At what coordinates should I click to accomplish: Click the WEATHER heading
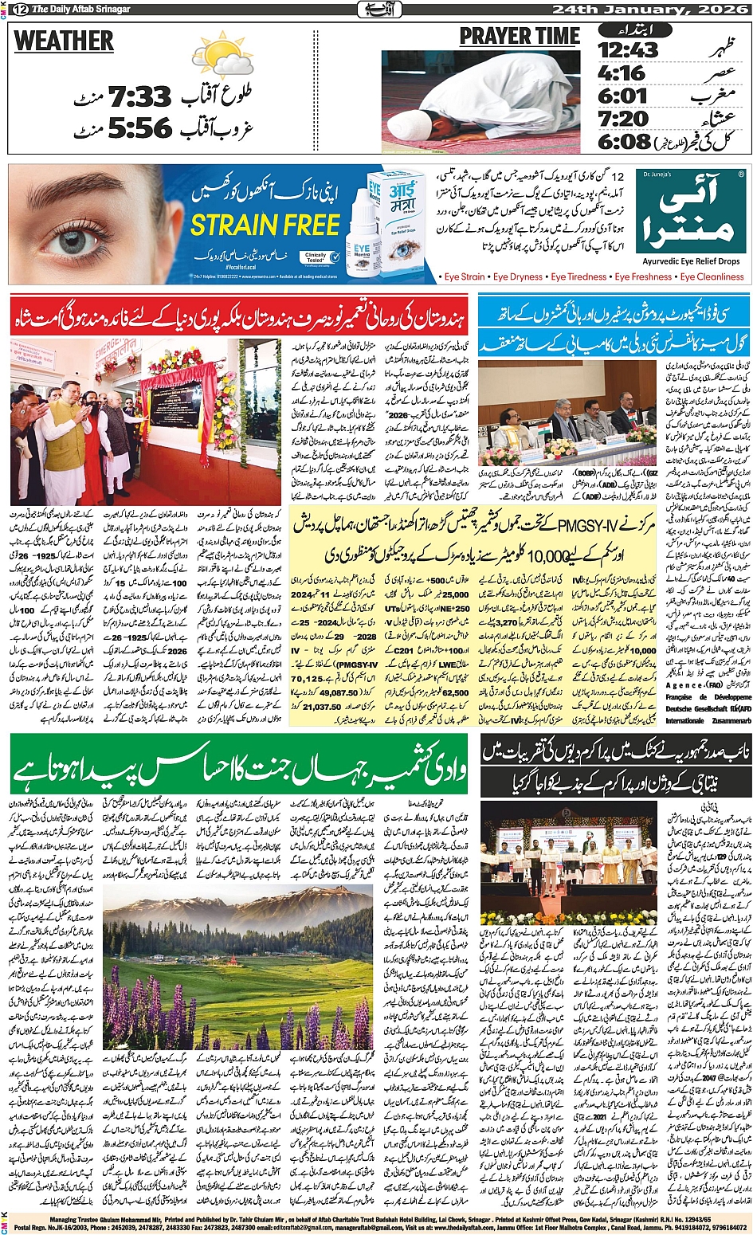pyautogui.click(x=64, y=41)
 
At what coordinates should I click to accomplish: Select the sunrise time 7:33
pyautogui.click(x=140, y=98)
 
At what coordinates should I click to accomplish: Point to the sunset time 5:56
pyautogui.click(x=140, y=127)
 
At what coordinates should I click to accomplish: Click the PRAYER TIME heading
pyautogui.click(x=520, y=37)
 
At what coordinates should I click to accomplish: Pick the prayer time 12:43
pyautogui.click(x=628, y=50)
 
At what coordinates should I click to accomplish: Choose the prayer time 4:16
pyautogui.click(x=622, y=74)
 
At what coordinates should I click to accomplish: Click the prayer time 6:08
pyautogui.click(x=625, y=142)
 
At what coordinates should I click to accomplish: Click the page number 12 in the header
pyautogui.click(x=18, y=10)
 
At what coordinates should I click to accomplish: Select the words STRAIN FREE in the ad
pyautogui.click(x=265, y=225)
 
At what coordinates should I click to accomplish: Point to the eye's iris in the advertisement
pyautogui.click(x=76, y=240)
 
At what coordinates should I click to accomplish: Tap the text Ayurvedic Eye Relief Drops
pyautogui.click(x=691, y=261)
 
